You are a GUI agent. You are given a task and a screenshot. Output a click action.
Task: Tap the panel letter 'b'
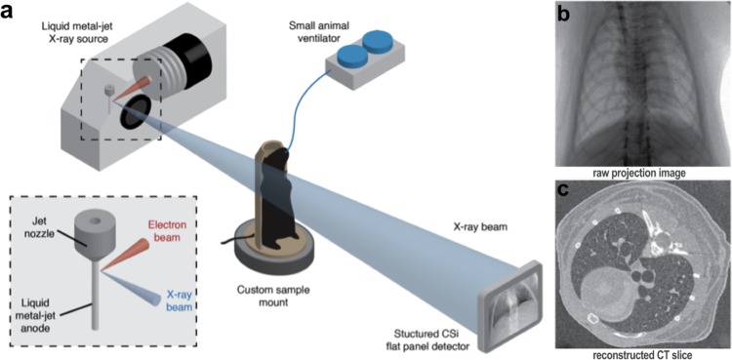(x=565, y=13)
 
